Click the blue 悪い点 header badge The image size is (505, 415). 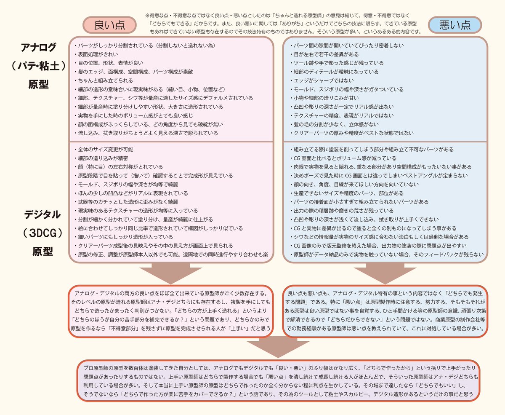(x=454, y=25)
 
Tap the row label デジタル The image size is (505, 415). (x=38, y=215)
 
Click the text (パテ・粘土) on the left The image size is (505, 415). (x=38, y=66)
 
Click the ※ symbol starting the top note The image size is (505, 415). (x=147, y=14)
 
